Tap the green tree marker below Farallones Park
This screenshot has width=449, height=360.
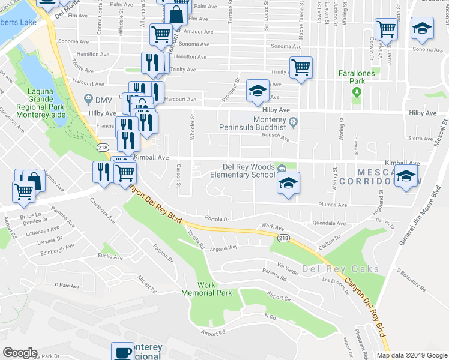click(x=357, y=92)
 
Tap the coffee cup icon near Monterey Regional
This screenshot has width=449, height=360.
click(x=124, y=352)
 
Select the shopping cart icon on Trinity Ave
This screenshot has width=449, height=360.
click(x=300, y=66)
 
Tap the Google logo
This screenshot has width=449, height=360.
click(x=20, y=353)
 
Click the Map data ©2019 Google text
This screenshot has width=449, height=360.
click(x=412, y=355)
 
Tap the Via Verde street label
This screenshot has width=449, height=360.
click(x=287, y=265)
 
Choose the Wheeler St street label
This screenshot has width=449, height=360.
click(x=193, y=128)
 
